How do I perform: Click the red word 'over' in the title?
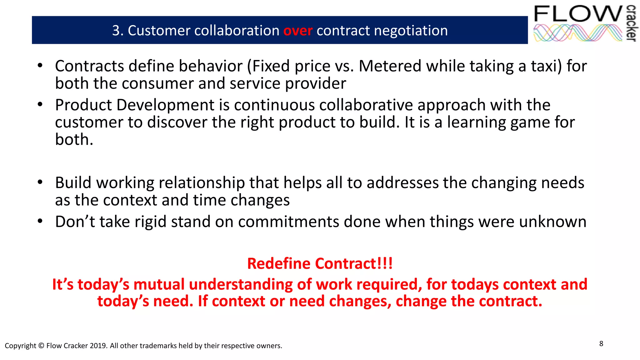[x=297, y=31]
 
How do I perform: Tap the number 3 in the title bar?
[x=116, y=31]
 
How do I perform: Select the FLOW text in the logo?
[x=578, y=14]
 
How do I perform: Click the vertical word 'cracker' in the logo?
[x=632, y=23]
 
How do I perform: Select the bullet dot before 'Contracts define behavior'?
[x=40, y=66]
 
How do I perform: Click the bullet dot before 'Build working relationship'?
[x=40, y=182]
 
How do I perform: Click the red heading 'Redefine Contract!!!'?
[x=320, y=263]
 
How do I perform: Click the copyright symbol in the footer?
[x=41, y=346]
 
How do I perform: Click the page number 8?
[x=601, y=344]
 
